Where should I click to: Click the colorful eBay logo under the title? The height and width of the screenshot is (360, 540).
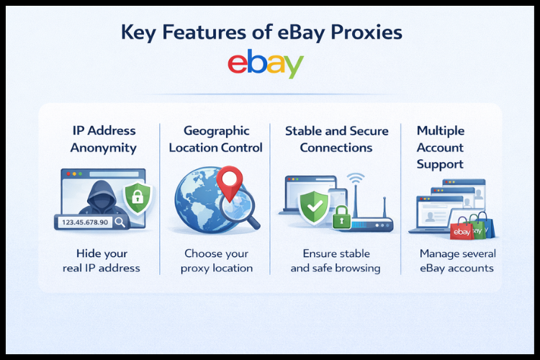(x=265, y=64)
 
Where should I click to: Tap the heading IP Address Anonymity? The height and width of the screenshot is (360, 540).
(x=104, y=139)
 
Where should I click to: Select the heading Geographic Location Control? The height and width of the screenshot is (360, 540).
(x=216, y=139)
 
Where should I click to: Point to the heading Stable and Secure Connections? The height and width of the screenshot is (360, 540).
(x=336, y=139)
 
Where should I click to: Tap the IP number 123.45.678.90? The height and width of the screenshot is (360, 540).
(x=84, y=222)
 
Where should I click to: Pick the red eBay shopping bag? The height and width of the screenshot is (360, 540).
(x=462, y=230)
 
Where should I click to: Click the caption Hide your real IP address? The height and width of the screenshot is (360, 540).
(x=107, y=261)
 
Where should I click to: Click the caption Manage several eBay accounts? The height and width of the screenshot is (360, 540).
(x=457, y=261)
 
